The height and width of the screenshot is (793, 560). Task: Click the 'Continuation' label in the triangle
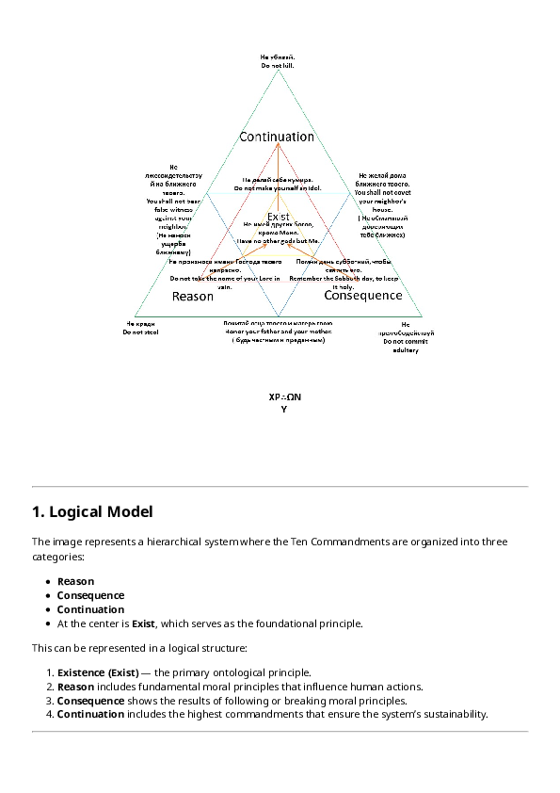point(277,137)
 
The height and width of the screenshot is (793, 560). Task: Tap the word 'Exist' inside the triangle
point(278,217)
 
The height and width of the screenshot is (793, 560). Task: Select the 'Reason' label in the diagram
point(192,297)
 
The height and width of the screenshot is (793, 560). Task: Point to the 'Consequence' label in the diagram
point(362,296)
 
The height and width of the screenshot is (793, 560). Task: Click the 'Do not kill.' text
point(278,66)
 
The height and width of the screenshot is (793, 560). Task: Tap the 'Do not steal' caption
point(139,332)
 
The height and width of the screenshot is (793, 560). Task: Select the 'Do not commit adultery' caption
point(392,346)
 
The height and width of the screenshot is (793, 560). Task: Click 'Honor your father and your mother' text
point(278,332)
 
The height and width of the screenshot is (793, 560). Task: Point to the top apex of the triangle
point(278,73)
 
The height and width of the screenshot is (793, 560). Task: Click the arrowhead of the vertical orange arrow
point(278,144)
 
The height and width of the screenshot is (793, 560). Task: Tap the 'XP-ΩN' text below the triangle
point(284,397)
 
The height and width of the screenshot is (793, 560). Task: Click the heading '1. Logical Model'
point(91,512)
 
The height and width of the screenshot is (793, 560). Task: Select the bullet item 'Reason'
point(75,581)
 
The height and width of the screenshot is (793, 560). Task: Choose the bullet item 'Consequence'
point(90,595)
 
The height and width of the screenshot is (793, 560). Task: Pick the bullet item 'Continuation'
point(90,609)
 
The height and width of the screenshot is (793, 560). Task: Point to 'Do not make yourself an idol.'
point(278,188)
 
